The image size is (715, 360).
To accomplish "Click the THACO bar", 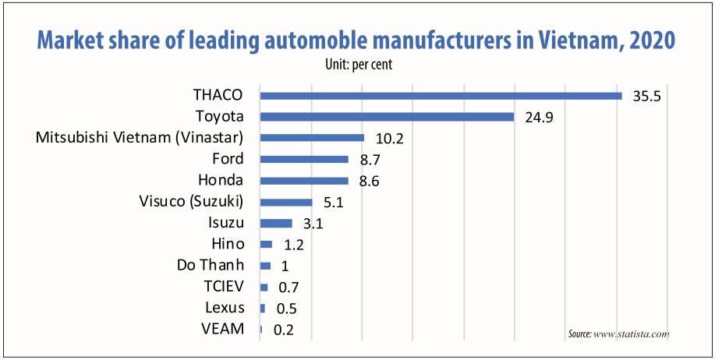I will (441, 96).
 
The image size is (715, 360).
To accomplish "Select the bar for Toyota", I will (387, 117).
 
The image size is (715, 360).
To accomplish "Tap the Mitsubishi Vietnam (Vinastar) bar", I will (312, 138).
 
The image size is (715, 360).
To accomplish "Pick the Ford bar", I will (304, 159).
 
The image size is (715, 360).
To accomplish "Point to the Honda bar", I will (304, 181).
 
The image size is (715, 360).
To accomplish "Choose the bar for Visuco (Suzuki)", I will (286, 203).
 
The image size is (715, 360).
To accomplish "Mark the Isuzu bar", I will (276, 223).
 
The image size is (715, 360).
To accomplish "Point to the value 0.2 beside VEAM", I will (283, 330).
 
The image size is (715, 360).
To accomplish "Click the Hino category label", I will (228, 244).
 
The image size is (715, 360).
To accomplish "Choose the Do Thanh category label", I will (211, 265).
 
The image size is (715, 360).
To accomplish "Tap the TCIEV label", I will (224, 287).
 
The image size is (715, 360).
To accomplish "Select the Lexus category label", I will (225, 308).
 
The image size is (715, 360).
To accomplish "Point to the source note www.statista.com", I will (619, 334).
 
